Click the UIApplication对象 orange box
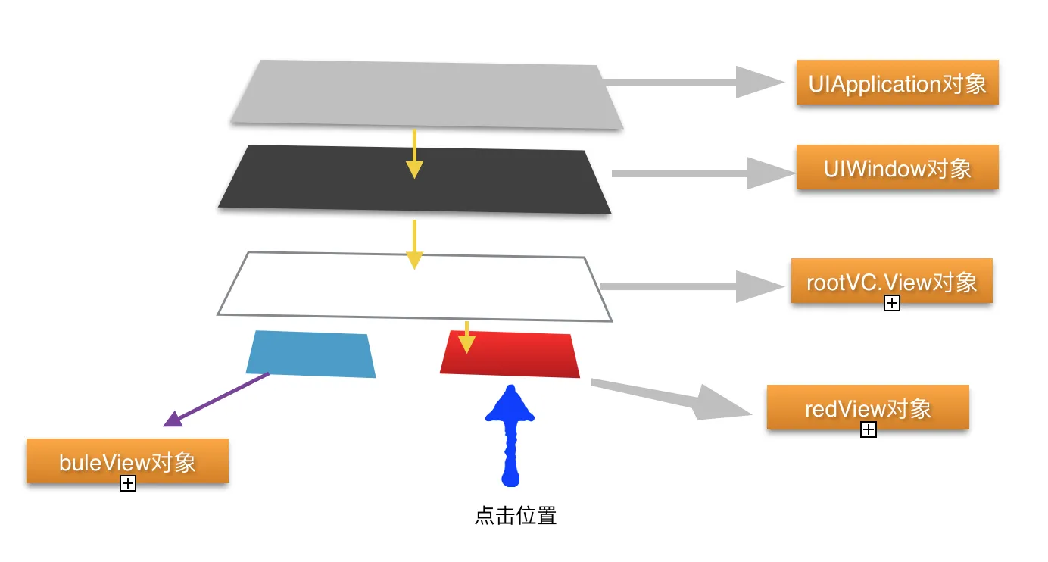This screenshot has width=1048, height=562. pos(897,83)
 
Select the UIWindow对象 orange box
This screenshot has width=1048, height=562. pos(897,167)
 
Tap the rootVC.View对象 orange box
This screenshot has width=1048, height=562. pos(891,281)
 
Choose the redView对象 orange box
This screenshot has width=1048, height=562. pos(868,407)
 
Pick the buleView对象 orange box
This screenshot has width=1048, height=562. pos(127,461)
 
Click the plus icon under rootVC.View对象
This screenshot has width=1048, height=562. pos(892,304)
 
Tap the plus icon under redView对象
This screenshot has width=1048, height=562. pos(869,430)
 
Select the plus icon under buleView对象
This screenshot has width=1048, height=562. pos(128,483)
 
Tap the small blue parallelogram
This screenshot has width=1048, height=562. pos(311,354)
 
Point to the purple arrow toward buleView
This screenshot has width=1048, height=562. pos(216,399)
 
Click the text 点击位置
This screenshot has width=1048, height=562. pos(516,517)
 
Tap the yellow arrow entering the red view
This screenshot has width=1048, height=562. pos(466,338)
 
